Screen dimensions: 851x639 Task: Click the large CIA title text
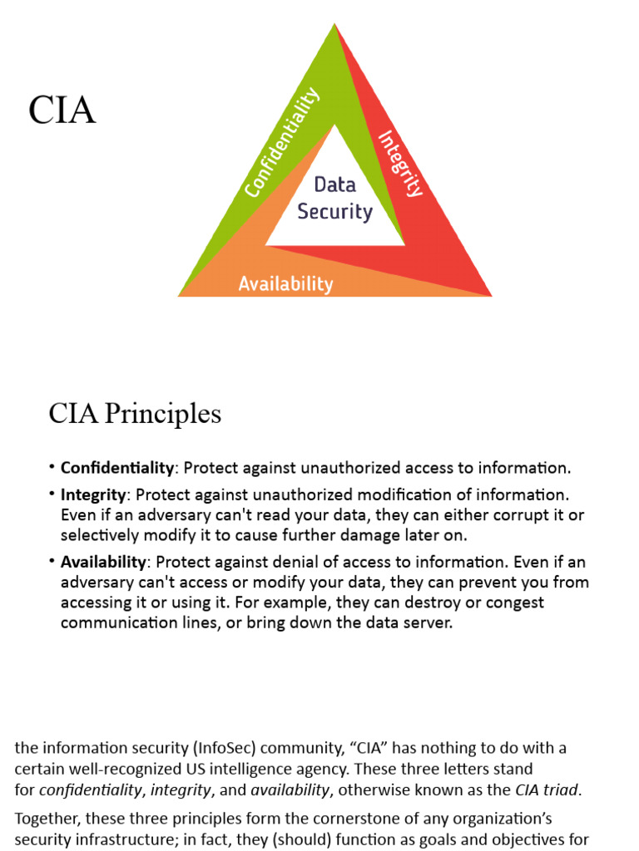click(x=62, y=111)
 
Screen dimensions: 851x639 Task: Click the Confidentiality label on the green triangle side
click(x=282, y=142)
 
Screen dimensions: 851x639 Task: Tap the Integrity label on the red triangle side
click(x=401, y=163)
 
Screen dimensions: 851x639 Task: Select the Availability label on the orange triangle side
click(x=285, y=284)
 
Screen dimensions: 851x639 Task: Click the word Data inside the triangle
click(x=334, y=184)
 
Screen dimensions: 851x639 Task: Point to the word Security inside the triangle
click(x=334, y=211)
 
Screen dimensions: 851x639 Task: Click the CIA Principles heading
click(x=135, y=414)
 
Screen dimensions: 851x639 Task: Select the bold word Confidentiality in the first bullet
click(x=117, y=467)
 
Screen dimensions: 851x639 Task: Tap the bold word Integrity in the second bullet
click(x=93, y=494)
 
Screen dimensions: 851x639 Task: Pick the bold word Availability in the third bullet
click(x=103, y=561)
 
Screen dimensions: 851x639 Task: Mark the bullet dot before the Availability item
click(x=52, y=561)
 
